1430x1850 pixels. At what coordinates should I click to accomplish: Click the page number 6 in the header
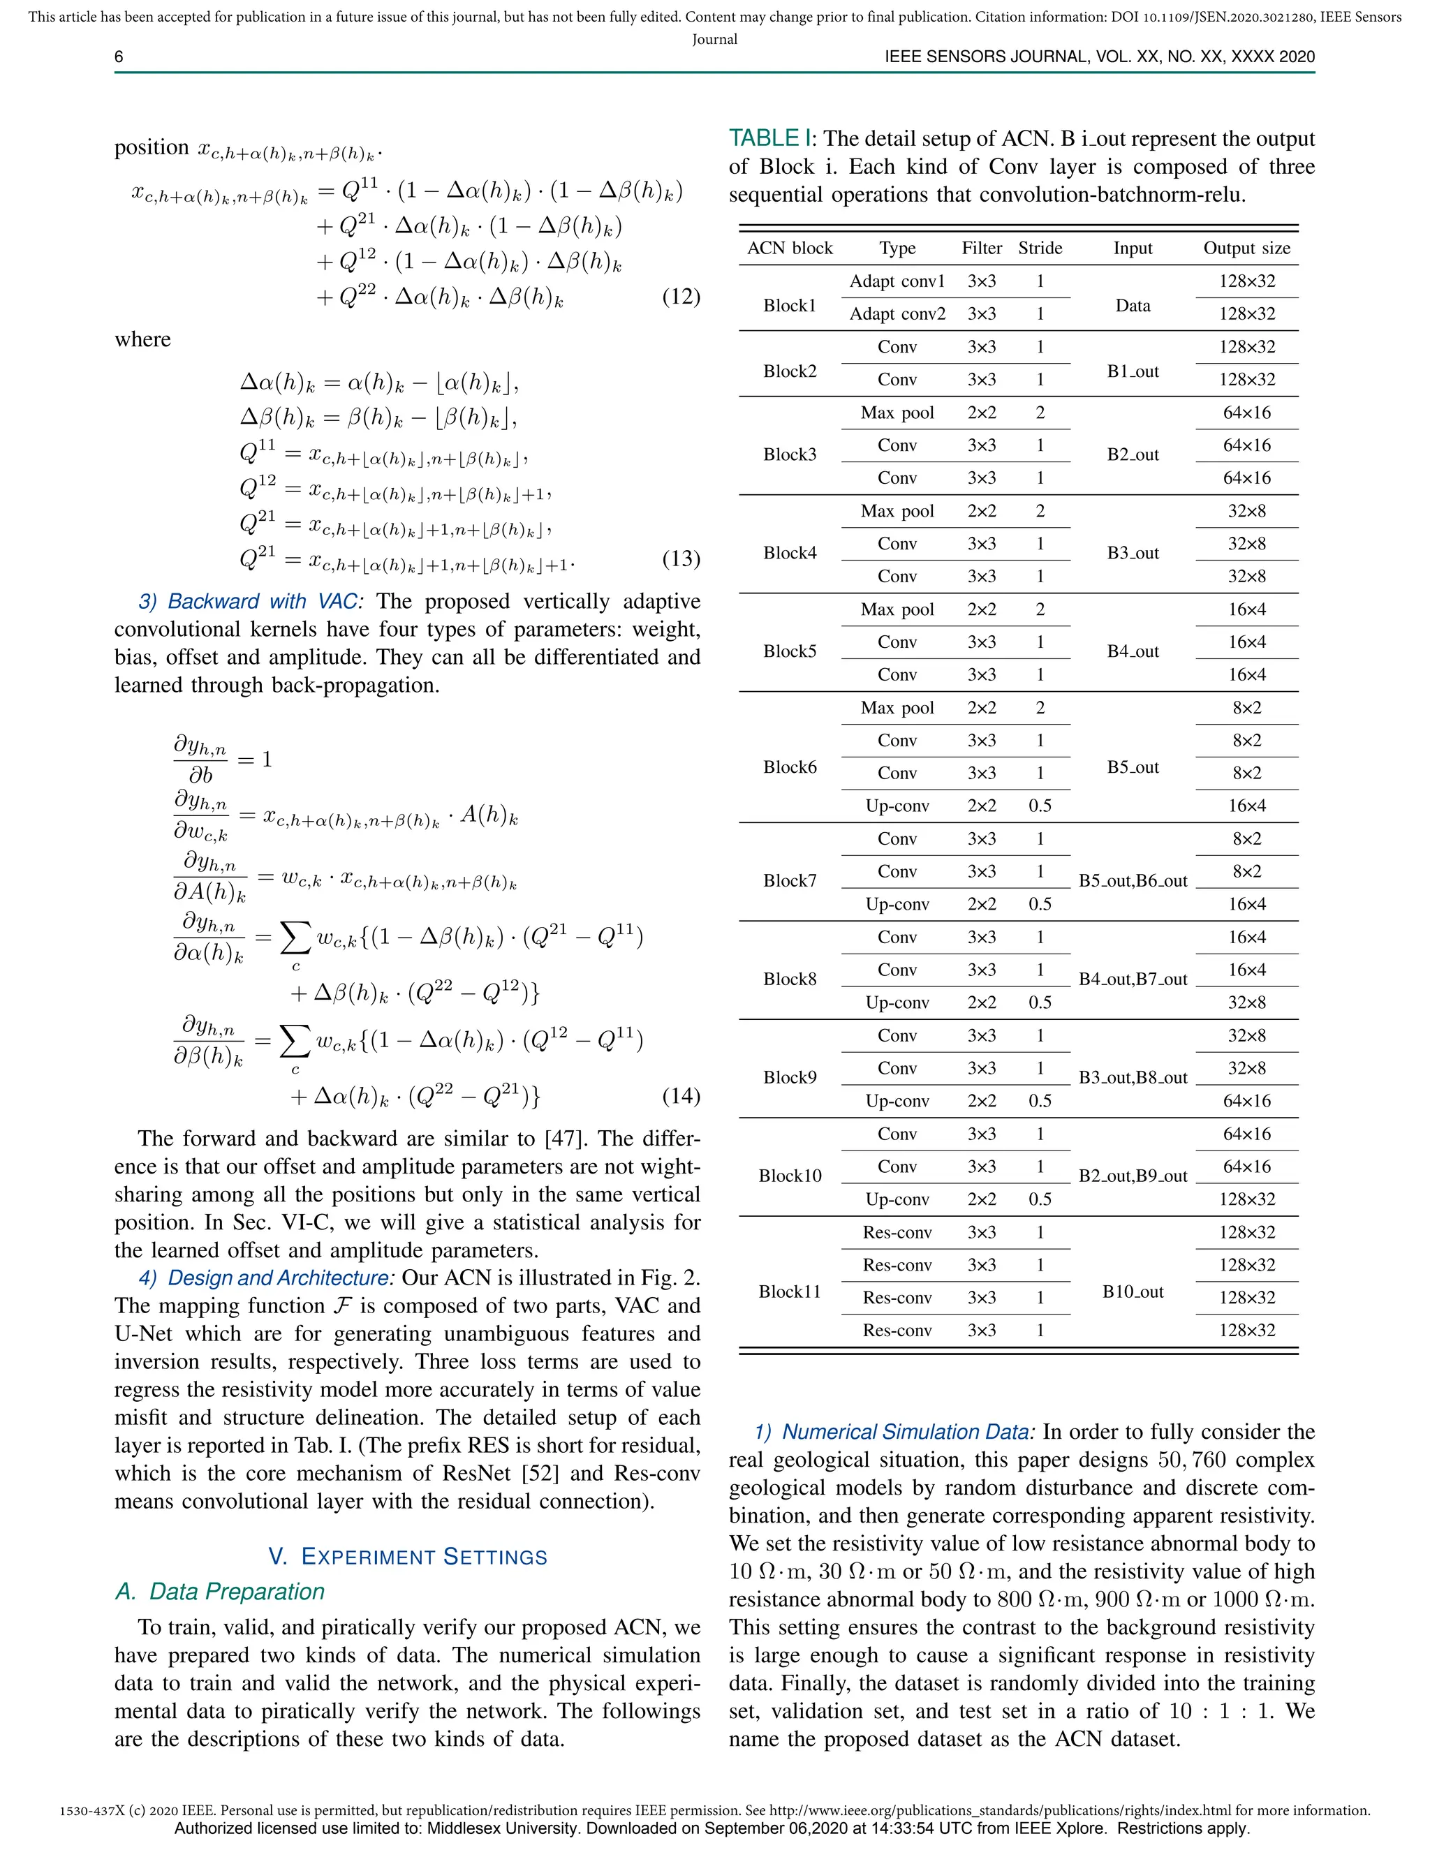click(x=119, y=57)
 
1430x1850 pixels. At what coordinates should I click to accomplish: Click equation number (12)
click(x=680, y=297)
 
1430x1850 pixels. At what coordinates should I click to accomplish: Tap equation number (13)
click(x=680, y=558)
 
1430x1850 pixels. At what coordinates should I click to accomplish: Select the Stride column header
click(x=1040, y=249)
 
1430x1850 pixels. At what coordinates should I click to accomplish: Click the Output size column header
click(x=1246, y=249)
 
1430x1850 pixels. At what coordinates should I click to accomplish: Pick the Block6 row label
click(x=790, y=767)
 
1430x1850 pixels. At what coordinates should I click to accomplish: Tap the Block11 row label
click(x=790, y=1291)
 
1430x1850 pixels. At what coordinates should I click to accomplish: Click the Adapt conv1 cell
click(x=897, y=281)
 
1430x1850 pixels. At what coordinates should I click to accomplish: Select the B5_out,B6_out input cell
click(x=1133, y=881)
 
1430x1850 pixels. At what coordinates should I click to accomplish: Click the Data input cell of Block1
click(x=1133, y=306)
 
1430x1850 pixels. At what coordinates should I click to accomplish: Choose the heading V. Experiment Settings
click(x=408, y=1557)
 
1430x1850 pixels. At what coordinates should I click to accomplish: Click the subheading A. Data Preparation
click(x=220, y=1592)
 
